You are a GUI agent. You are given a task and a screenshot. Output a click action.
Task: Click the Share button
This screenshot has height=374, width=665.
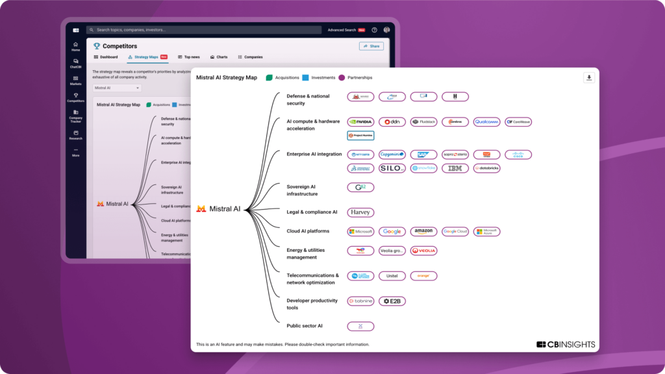(x=371, y=46)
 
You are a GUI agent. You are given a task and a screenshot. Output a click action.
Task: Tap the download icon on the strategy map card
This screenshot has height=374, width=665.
(x=589, y=78)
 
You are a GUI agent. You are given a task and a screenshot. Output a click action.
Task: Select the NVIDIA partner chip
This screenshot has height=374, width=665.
(x=360, y=121)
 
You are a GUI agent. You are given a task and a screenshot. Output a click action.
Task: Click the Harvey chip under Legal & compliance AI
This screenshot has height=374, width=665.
(x=360, y=212)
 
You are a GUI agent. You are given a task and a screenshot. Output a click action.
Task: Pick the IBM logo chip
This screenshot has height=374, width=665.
(x=455, y=168)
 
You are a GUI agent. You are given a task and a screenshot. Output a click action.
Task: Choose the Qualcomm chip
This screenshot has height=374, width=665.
(x=486, y=121)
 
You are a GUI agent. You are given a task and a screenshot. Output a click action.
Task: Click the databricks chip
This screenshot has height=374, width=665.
(x=486, y=168)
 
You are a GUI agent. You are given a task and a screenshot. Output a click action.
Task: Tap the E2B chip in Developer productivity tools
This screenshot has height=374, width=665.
(x=392, y=301)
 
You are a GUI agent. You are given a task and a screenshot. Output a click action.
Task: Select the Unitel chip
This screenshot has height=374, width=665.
(x=392, y=276)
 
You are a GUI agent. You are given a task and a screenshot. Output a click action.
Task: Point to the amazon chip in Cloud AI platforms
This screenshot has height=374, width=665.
(x=423, y=231)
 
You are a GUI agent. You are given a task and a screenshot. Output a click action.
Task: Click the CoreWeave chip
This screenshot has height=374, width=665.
(x=518, y=121)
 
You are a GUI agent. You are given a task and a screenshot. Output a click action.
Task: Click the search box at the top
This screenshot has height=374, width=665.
(x=205, y=30)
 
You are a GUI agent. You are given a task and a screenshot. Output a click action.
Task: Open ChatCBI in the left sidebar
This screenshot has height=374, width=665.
(x=75, y=64)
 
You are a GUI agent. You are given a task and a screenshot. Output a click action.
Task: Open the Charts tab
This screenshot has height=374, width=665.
(x=219, y=57)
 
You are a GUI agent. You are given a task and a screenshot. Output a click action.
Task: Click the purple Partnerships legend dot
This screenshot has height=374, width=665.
(x=342, y=77)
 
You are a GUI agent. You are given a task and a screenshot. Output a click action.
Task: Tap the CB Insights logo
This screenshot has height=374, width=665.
(x=566, y=344)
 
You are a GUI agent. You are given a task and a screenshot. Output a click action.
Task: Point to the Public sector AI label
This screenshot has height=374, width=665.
(x=305, y=326)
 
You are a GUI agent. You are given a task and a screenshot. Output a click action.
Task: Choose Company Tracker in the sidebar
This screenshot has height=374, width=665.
(x=75, y=116)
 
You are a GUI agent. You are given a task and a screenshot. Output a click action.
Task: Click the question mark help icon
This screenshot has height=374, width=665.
(x=374, y=30)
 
